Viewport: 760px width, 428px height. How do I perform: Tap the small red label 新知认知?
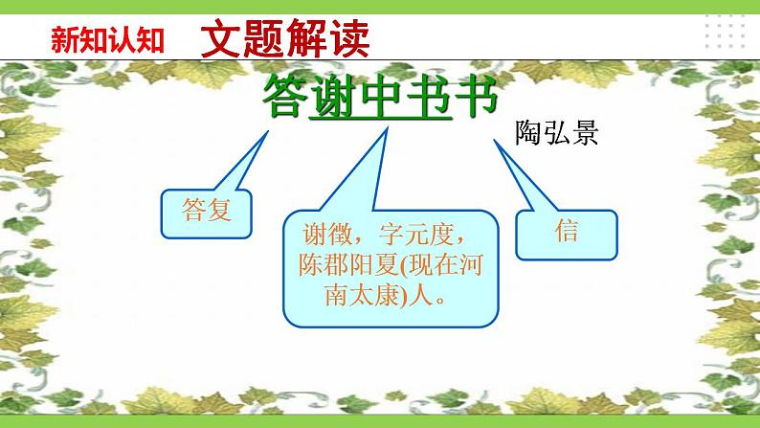click(x=108, y=41)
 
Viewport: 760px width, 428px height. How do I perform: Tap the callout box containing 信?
click(x=566, y=233)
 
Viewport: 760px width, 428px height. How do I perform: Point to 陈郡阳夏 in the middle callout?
click(x=346, y=266)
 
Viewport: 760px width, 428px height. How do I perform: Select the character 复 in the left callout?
click(x=220, y=208)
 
